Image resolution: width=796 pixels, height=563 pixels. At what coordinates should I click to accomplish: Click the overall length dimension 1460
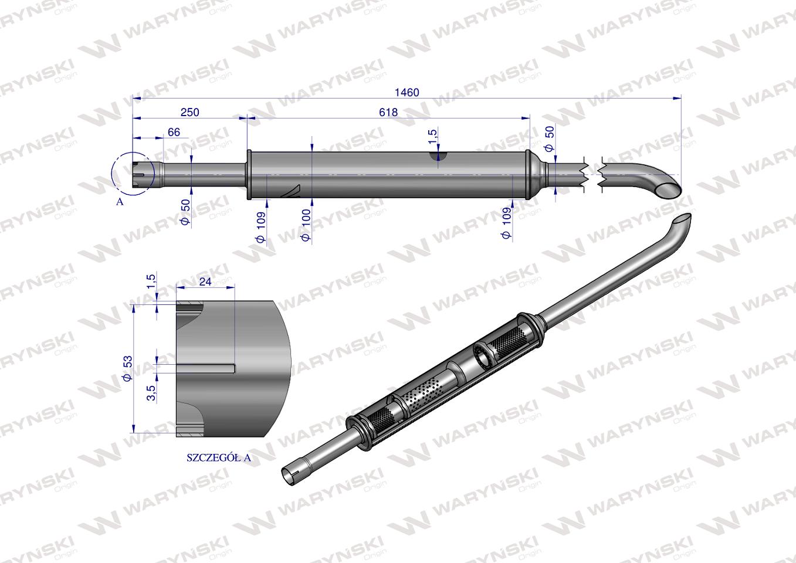coord(407,92)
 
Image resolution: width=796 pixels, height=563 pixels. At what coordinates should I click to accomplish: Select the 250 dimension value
coord(189,112)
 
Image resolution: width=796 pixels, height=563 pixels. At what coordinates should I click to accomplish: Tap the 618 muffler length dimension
coord(388,112)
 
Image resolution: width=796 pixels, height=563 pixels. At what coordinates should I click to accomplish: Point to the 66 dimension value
coord(174,133)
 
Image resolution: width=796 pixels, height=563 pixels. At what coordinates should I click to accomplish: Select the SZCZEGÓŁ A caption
coord(218,458)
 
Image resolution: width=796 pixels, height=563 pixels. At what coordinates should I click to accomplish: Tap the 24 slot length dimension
coord(205,281)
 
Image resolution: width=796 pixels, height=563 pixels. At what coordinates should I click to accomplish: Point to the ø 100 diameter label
coord(305,228)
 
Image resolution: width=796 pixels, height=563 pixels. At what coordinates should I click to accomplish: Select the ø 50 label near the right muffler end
coord(550,138)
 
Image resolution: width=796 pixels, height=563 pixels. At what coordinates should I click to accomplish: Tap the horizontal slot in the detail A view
coord(205,368)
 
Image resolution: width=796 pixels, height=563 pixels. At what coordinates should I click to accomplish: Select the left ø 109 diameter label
coord(260,227)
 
